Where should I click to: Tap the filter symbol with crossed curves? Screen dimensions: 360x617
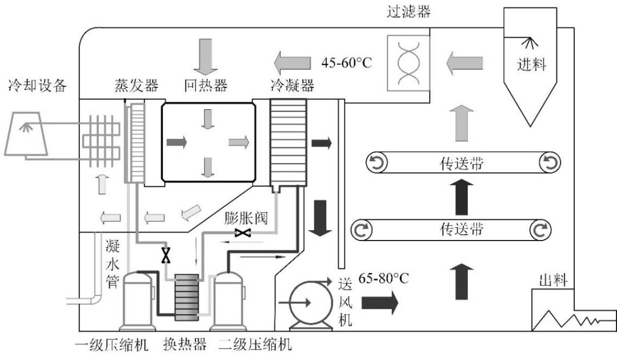pos(408,62)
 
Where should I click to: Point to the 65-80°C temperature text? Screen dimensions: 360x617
pos(383,279)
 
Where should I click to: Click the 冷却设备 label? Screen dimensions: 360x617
pos(37,86)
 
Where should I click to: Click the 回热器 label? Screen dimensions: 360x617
pos(206,86)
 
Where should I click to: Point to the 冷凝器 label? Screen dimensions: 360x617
pos(292,86)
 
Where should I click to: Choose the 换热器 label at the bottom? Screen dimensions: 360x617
pos(185,345)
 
